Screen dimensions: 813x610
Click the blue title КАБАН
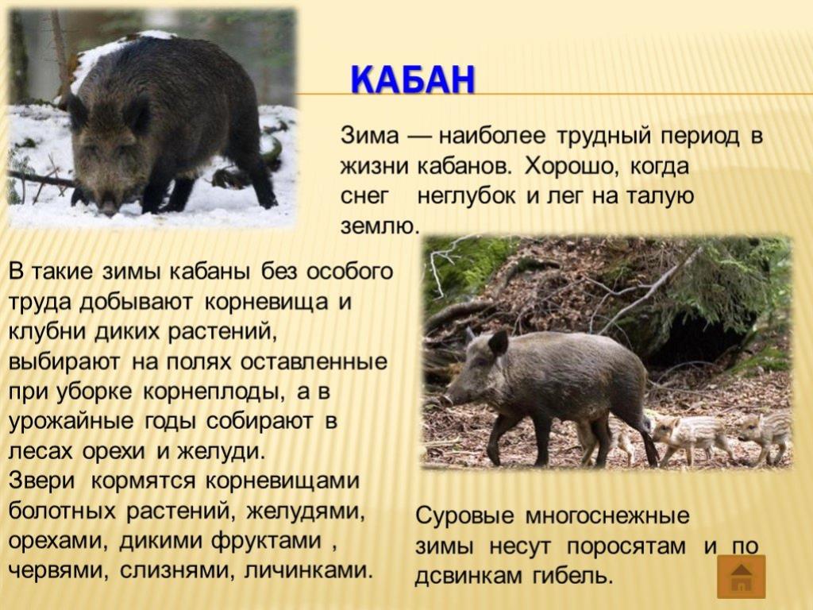[413, 80]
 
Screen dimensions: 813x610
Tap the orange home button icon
[742, 577]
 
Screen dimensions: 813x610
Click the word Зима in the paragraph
[370, 136]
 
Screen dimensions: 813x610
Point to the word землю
[379, 227]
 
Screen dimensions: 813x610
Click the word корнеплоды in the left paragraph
[213, 392]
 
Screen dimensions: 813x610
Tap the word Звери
[42, 481]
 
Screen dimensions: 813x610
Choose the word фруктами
[267, 540]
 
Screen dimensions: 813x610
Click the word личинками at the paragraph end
[309, 570]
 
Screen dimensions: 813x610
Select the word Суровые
[464, 516]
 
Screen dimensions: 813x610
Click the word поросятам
[626, 546]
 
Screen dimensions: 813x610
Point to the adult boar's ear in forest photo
[498, 342]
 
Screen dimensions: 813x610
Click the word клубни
[47, 331]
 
